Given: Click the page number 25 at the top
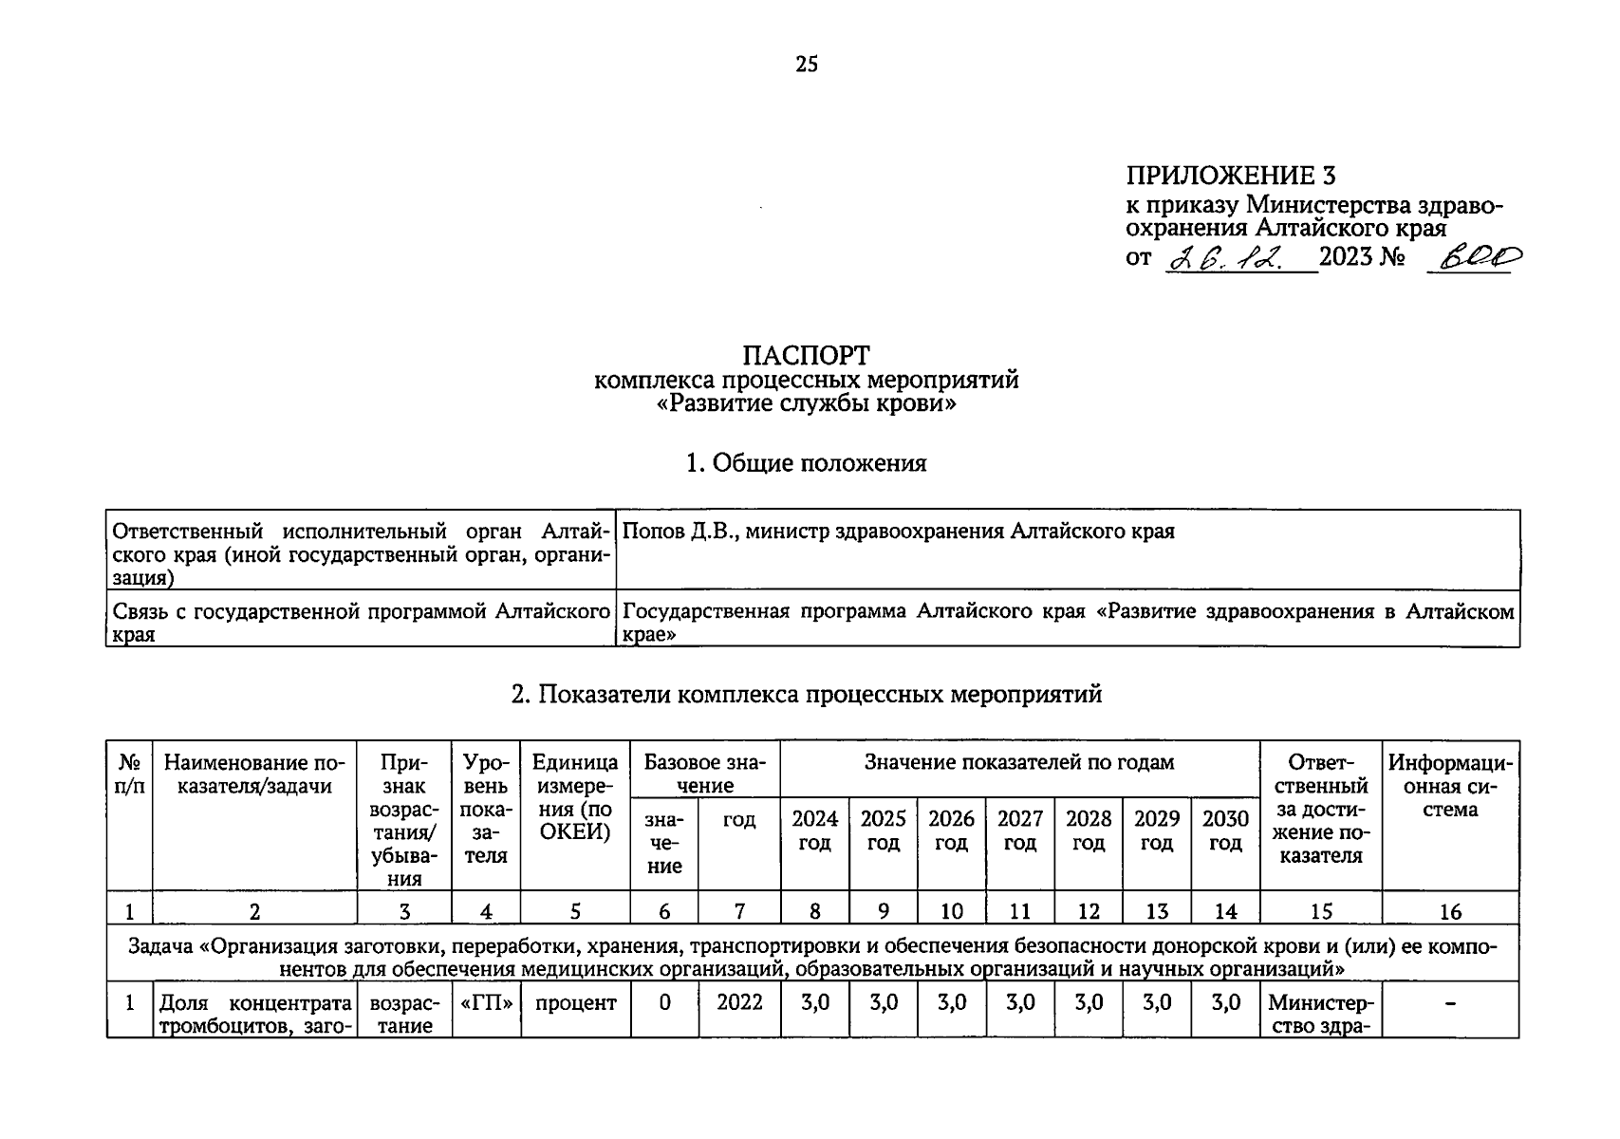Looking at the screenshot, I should (806, 65).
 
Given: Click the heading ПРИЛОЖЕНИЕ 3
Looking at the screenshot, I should (1230, 176).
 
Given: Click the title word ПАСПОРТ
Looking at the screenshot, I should (806, 355).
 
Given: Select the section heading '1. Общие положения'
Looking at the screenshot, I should (806, 463).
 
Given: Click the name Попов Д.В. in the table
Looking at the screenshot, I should (679, 532).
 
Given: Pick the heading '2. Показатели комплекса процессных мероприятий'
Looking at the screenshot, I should (806, 695).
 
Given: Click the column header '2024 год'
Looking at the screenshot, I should (814, 831).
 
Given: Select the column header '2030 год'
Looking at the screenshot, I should (1225, 831).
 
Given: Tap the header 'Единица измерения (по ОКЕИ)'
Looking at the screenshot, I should (575, 797).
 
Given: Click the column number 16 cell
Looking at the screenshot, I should (1450, 912).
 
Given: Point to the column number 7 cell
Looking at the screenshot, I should (739, 912).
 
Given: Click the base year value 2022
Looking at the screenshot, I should (739, 1002).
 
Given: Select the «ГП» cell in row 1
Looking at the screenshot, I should (486, 1002).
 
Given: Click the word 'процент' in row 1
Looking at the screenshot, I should (575, 1002).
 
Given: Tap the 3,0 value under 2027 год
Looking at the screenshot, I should (1020, 1002).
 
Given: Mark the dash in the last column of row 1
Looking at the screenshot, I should (1450, 1004).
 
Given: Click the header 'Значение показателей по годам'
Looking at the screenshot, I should (1019, 762).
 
